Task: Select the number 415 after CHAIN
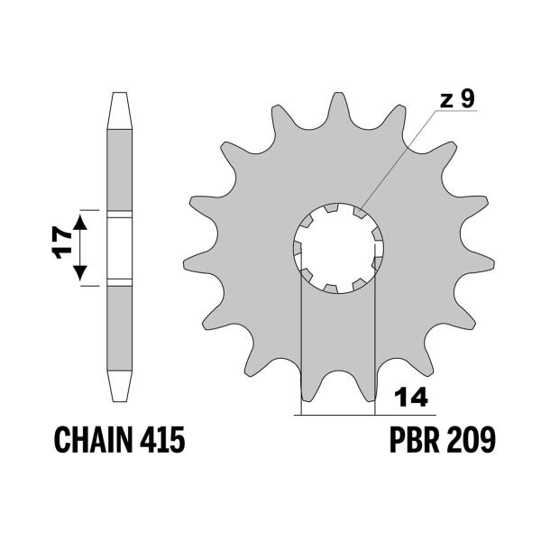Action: click(x=162, y=441)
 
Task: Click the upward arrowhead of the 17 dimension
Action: click(x=81, y=221)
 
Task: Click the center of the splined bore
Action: click(x=337, y=248)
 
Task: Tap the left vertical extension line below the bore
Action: click(x=299, y=343)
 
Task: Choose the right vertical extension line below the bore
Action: click(x=374, y=343)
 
